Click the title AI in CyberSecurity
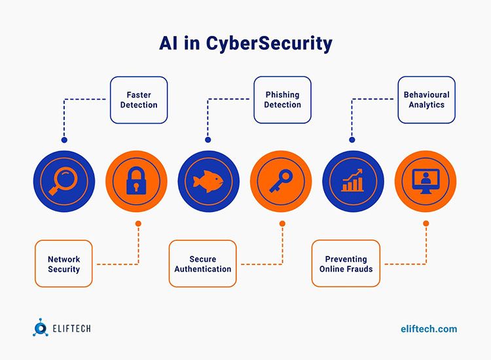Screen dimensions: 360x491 click(245, 43)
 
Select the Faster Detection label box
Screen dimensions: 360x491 click(139, 100)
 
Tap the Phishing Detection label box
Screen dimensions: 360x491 click(283, 100)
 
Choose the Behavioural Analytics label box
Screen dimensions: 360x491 click(427, 100)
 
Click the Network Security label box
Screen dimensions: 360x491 click(64, 264)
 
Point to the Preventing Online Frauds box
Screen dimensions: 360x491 click(346, 264)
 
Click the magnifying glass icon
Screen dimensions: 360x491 click(64, 181)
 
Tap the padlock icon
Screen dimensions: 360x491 click(136, 181)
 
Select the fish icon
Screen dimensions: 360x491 click(208, 181)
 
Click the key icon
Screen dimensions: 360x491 click(281, 181)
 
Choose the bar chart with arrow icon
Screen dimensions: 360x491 click(353, 181)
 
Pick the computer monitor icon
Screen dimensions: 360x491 click(426, 181)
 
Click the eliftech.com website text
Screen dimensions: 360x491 click(429, 329)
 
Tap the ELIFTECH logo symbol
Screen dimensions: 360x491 click(40, 329)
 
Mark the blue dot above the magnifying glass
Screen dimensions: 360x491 click(64, 139)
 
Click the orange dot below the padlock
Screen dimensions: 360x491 click(138, 223)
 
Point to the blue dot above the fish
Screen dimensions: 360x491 click(208, 139)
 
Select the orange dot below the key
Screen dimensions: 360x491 click(282, 223)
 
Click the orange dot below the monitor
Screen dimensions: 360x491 click(426, 223)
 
